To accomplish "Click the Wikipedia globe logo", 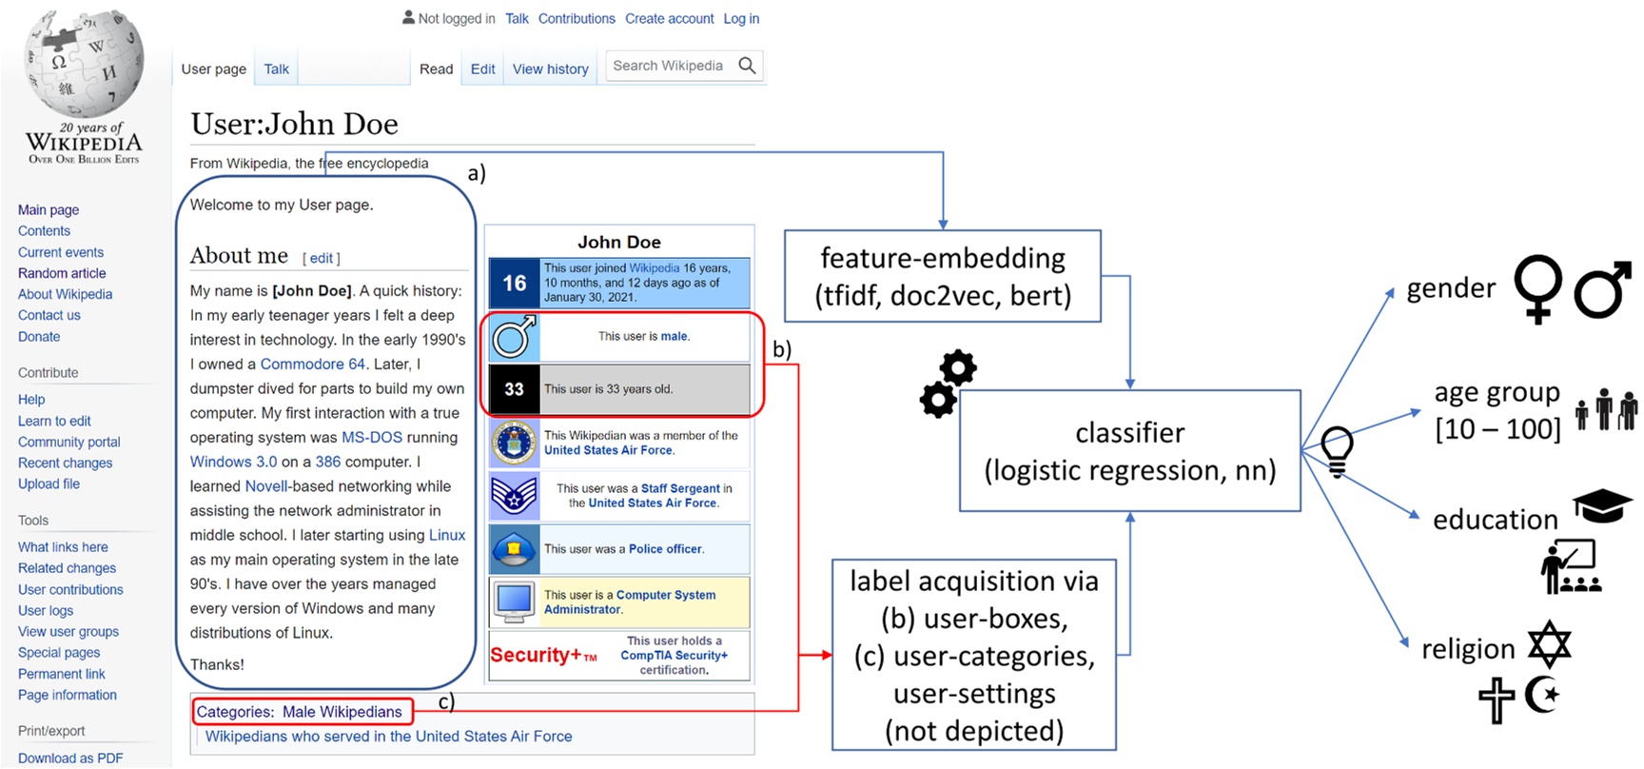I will click(84, 63).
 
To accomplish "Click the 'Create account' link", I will click(669, 18).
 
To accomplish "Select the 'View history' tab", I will click(550, 69).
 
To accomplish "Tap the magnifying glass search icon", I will click(747, 66).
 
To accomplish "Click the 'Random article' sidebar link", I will click(62, 273).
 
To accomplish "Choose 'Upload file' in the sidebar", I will click(49, 483).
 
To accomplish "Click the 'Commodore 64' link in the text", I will click(312, 364).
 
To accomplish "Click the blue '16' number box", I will click(515, 283).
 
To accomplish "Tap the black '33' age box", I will click(515, 389).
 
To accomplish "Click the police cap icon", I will click(515, 548).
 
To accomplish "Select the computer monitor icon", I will click(515, 601).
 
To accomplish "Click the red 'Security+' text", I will click(536, 655).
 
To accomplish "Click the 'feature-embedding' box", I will click(943, 276).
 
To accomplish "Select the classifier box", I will click(1129, 451).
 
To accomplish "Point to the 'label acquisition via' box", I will click(973, 655).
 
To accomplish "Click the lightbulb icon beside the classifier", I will click(1337, 449).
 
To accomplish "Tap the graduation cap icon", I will click(1602, 505).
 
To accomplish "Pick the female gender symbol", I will click(1538, 287).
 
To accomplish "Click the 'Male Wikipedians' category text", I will click(342, 712).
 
